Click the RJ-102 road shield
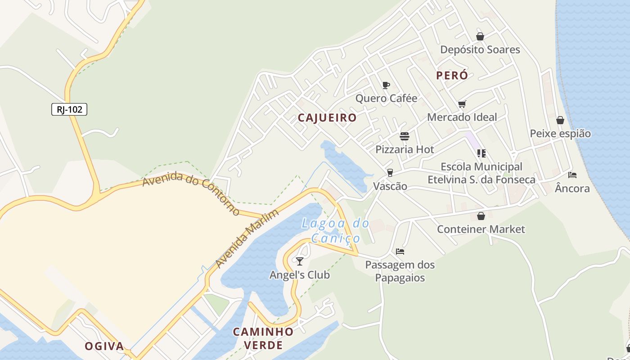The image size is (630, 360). (x=69, y=109)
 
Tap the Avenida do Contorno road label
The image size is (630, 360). (x=191, y=193)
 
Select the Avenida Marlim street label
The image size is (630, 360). (x=247, y=238)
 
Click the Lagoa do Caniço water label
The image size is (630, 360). (x=335, y=230)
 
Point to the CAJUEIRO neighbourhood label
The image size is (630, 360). (x=327, y=118)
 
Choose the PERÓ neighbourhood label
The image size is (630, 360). (x=452, y=76)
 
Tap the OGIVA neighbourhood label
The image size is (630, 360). (x=104, y=346)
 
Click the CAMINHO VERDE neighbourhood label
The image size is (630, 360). (x=263, y=338)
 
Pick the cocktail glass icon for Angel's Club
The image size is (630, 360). (x=299, y=261)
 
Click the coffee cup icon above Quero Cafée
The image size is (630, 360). (x=386, y=85)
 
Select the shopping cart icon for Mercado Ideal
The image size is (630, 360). (x=462, y=104)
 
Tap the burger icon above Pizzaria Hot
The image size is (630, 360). (x=405, y=136)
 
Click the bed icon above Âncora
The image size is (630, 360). (x=572, y=175)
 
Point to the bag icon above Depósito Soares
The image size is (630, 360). (x=480, y=36)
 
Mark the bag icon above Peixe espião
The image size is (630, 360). (x=560, y=120)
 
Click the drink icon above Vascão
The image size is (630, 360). (x=390, y=173)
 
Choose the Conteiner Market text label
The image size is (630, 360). (x=481, y=229)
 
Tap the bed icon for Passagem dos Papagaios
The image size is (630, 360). (x=400, y=252)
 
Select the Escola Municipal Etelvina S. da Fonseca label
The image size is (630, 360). (x=481, y=173)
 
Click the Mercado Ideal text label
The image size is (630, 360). (x=462, y=117)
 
